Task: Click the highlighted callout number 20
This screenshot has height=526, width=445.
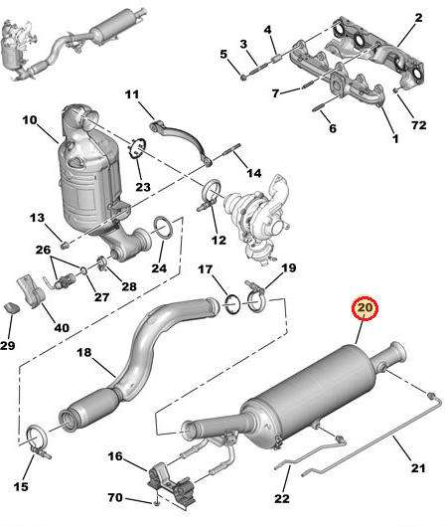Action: coord(365,309)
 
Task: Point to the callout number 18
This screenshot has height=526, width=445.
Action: coord(84,352)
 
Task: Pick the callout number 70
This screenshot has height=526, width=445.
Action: coord(114,496)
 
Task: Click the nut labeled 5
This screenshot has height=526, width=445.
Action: coord(241,74)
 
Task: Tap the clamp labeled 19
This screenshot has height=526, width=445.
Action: coord(255,295)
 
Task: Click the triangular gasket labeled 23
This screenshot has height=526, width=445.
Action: coord(137,151)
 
